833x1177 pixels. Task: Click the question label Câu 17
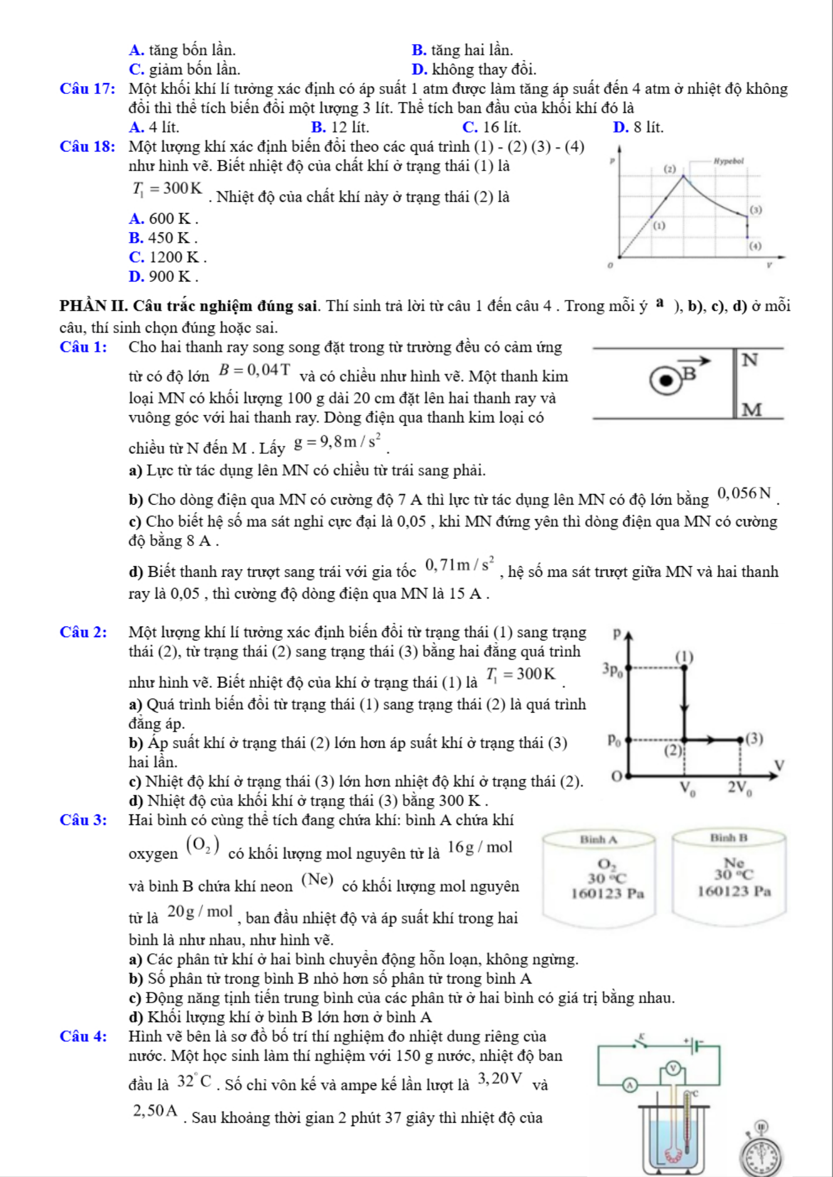pos(88,89)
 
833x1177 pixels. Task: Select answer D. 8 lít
pos(638,127)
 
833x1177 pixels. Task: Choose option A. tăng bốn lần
pos(182,50)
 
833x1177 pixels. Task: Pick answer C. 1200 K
pos(167,257)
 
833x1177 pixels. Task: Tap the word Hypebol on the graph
pos(728,161)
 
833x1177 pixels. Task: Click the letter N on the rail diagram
pos(750,360)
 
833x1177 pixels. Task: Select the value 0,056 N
pos(744,493)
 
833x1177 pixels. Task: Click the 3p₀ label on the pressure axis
pos(613,669)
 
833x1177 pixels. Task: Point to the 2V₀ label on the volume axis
pos(740,788)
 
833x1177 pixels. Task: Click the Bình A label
pos(598,839)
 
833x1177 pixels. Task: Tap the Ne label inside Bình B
pos(733,863)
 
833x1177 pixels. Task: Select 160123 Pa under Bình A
pos(607,893)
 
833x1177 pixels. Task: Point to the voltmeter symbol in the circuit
pos(674,1068)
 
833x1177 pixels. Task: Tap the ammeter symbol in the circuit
pos(630,1085)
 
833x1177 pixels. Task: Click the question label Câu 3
pos(83,820)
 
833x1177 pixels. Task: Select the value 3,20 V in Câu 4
pos(500,1078)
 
